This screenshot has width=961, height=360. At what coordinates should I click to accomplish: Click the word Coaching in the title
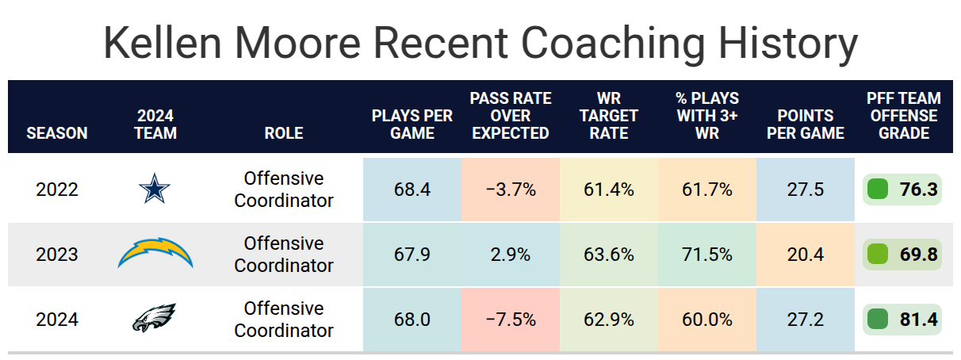(614, 44)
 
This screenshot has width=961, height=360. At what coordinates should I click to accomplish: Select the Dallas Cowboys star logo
(155, 189)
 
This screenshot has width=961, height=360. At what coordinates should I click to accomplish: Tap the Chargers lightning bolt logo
(155, 253)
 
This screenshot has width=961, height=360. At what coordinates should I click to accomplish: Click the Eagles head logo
(155, 317)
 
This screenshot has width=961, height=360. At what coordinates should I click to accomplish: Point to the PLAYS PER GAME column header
(412, 124)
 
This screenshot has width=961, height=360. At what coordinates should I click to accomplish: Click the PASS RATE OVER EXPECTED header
(511, 116)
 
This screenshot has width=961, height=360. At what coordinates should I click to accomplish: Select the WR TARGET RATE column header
(609, 116)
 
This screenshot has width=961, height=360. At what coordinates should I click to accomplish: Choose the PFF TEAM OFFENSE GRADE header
(903, 116)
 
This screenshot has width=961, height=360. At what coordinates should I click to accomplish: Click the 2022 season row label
(57, 190)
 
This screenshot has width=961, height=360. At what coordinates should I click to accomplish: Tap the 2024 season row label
(57, 320)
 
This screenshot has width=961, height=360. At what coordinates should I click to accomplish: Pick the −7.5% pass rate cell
(511, 320)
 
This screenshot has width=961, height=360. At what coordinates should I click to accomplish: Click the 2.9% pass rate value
(511, 255)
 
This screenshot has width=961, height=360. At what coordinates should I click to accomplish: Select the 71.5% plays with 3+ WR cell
(707, 255)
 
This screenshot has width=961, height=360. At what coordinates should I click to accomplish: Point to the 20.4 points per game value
(806, 255)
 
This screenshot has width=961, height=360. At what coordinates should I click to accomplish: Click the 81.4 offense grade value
(918, 320)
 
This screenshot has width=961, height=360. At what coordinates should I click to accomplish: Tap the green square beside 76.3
(877, 190)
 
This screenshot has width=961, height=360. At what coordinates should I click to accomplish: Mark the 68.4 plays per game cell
(412, 190)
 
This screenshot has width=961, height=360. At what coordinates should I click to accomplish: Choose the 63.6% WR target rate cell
(609, 255)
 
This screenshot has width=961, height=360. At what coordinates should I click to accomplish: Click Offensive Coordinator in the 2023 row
(284, 254)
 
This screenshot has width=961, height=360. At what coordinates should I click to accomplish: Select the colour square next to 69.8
(877, 254)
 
